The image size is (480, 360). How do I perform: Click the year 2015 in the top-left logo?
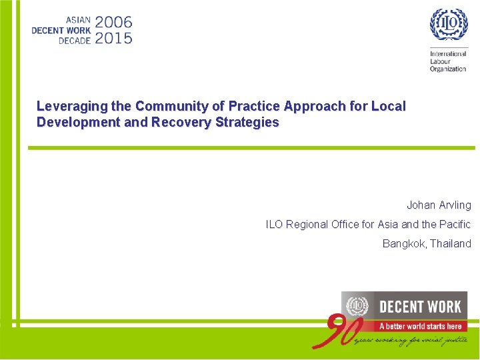(x=113, y=38)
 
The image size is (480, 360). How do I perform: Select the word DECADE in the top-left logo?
(x=74, y=40)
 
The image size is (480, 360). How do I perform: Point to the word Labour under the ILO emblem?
(x=441, y=61)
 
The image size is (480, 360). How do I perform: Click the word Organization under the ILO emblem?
(x=448, y=69)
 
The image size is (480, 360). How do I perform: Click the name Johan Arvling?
(x=439, y=205)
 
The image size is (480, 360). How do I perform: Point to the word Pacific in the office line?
(x=454, y=225)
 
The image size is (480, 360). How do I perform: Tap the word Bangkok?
(x=403, y=244)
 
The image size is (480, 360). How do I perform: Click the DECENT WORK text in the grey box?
(x=420, y=307)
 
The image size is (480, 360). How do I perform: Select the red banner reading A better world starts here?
(x=420, y=326)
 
